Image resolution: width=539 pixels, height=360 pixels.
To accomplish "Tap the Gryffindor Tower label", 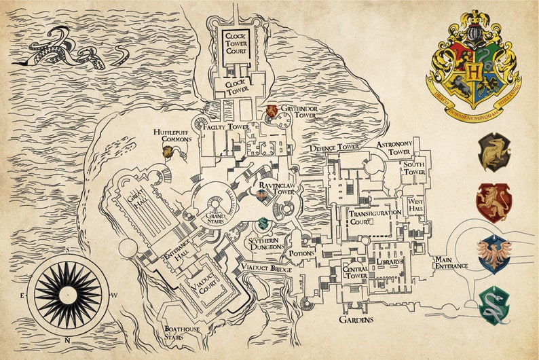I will [x=300, y=111].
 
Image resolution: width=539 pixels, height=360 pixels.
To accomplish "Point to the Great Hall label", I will [x=134, y=201].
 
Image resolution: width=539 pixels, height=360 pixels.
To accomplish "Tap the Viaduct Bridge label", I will [x=267, y=270].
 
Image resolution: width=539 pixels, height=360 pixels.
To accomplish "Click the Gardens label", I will [x=356, y=319].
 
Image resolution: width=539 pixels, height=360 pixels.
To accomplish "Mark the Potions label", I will [x=301, y=253].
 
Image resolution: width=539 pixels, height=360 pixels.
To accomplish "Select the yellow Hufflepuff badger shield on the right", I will [x=494, y=151].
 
